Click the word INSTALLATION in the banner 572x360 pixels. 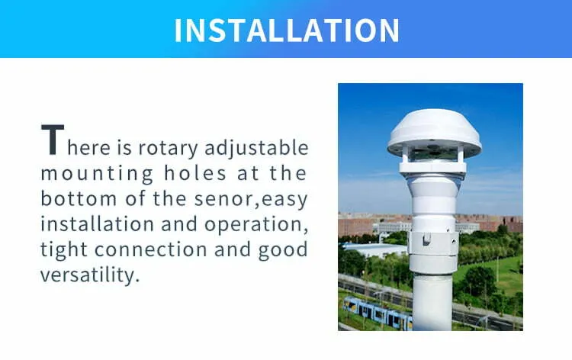point(287,31)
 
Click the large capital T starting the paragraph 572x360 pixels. point(53,140)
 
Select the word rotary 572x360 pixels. point(168,149)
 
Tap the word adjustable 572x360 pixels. point(256,148)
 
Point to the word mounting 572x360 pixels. point(97,175)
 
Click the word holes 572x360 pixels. point(195,173)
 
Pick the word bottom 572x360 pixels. point(79,198)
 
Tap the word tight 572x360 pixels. point(64,250)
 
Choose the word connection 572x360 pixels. point(151,249)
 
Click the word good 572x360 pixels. point(283,250)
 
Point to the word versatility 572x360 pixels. point(90,275)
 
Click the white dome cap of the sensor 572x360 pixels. point(434,132)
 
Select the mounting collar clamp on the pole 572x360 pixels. point(433,243)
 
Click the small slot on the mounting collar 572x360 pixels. point(426,239)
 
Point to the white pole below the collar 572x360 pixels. point(432,303)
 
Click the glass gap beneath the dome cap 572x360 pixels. point(432,155)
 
